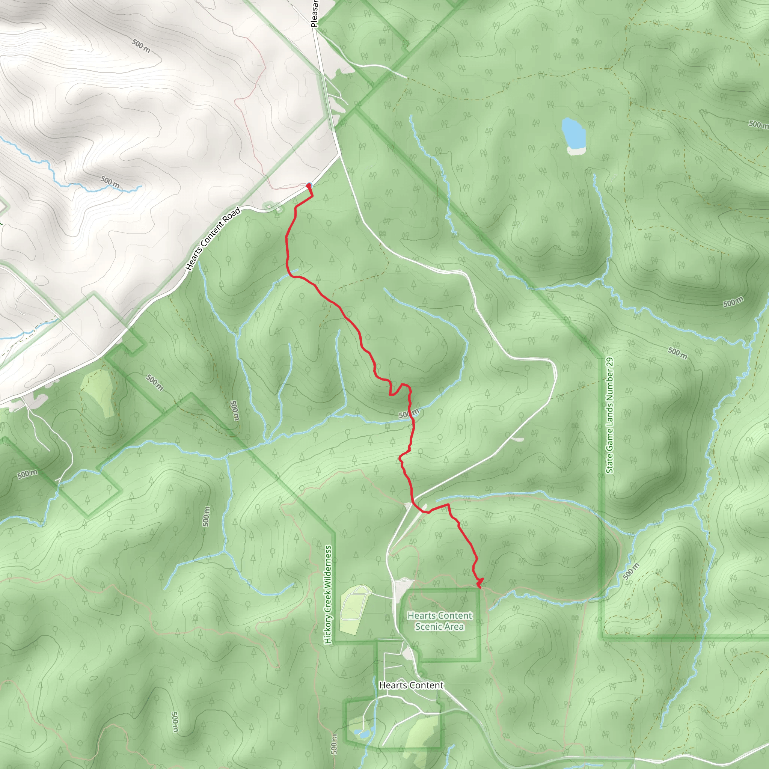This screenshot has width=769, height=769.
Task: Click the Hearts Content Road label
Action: pos(213,239)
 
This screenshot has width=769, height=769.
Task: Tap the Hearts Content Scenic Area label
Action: pos(439,621)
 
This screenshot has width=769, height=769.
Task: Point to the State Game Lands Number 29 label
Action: pos(610,416)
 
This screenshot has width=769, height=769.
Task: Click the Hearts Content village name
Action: pos(411,685)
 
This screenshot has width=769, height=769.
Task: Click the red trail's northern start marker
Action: pos(309,185)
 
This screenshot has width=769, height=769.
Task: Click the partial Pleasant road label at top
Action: pos(315,14)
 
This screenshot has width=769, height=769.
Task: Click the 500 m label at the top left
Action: pos(141,46)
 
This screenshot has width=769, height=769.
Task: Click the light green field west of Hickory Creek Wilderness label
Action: pos(98,391)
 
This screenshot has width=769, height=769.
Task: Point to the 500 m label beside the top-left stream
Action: pos(110,182)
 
